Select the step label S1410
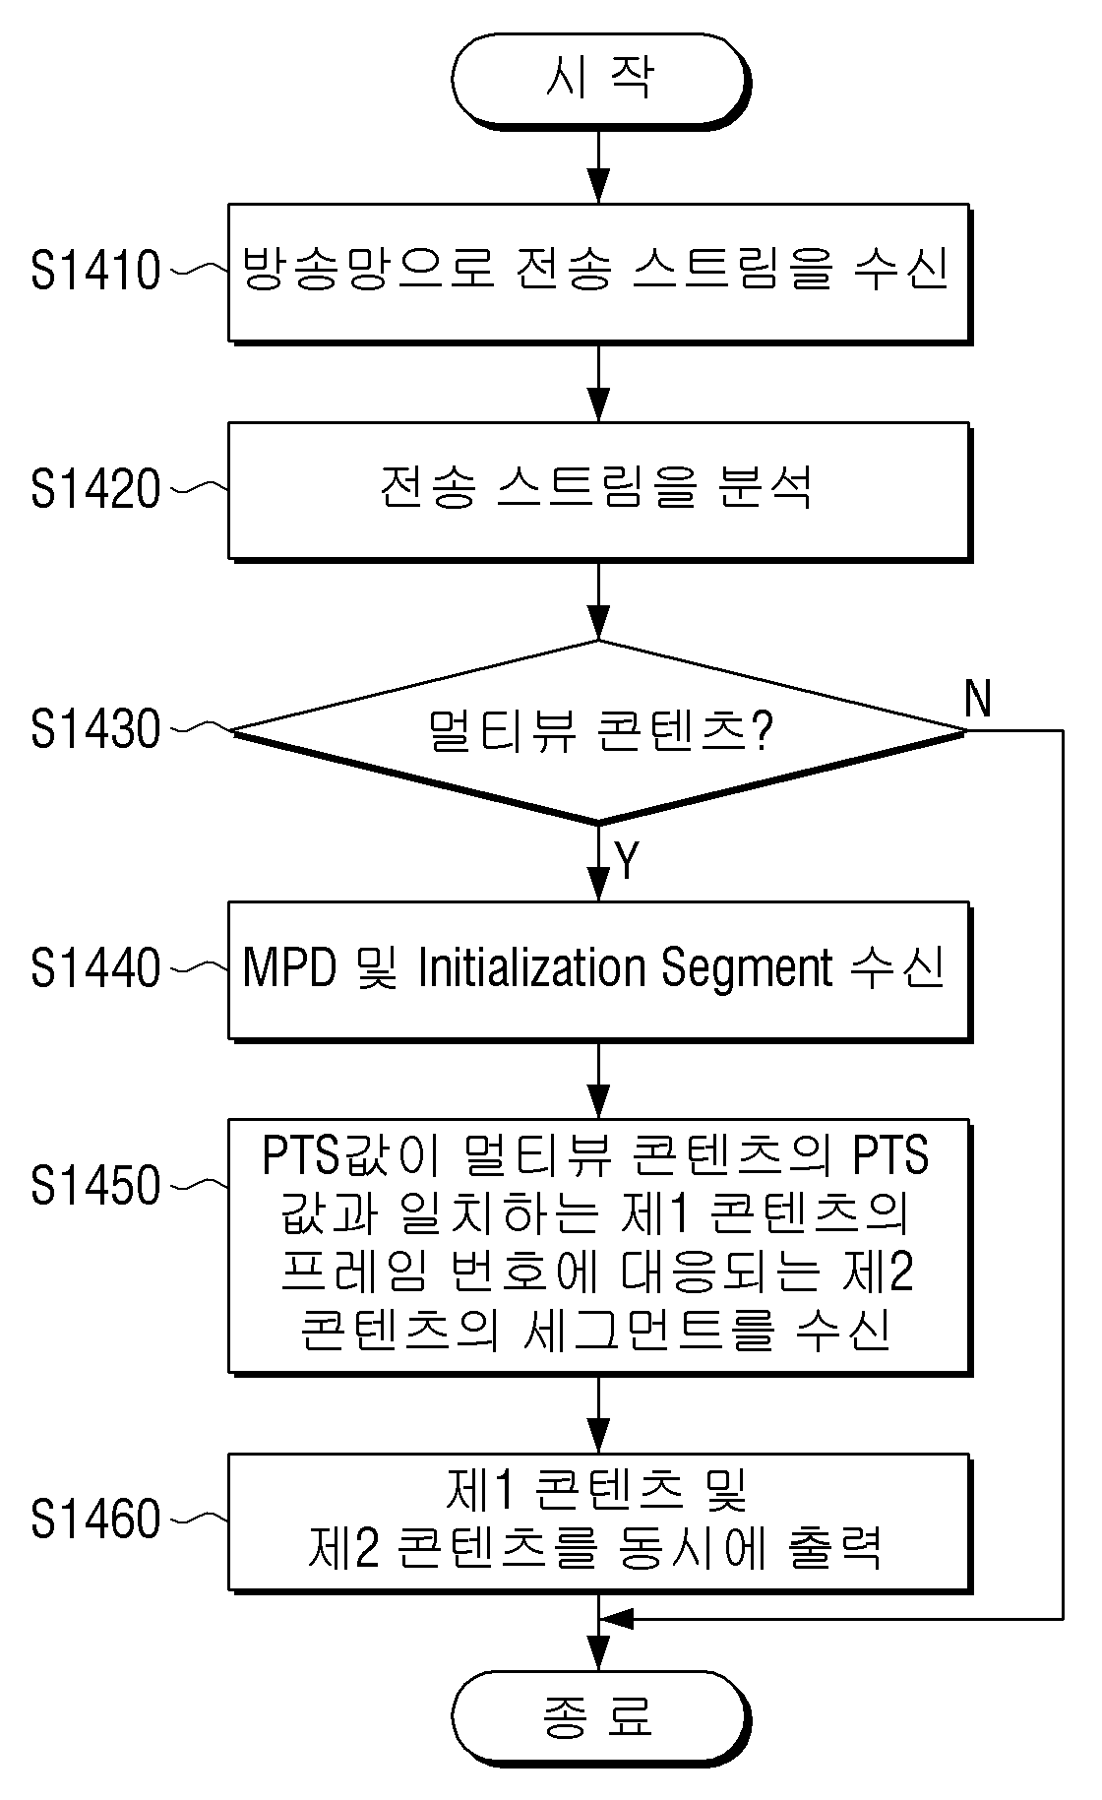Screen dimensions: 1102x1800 (x=94, y=271)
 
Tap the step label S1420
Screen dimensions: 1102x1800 (x=94, y=489)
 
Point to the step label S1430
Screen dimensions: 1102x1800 (x=94, y=729)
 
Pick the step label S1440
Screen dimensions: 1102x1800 (x=94, y=968)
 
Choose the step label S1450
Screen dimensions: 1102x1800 (x=94, y=1186)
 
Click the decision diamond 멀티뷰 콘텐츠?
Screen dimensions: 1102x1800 (x=598, y=731)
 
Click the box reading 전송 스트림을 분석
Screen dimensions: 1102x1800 (x=599, y=492)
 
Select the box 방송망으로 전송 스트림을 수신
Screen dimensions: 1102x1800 (x=599, y=274)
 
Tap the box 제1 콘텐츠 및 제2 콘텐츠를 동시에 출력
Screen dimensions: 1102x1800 (x=599, y=1521)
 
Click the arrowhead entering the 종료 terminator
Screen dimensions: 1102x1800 (x=598, y=1655)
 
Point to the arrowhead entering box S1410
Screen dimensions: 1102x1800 (x=598, y=187)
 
